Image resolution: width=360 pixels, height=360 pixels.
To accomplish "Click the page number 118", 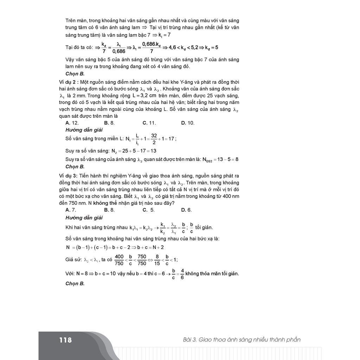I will [65, 340].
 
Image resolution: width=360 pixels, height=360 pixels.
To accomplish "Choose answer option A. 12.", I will [72, 123].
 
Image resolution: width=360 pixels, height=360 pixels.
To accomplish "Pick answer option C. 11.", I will [149, 123].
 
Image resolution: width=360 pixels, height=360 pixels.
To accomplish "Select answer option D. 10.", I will [188, 123].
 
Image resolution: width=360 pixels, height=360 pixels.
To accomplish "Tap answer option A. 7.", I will [71, 210].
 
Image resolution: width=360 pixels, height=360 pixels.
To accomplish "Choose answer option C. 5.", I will [148, 210].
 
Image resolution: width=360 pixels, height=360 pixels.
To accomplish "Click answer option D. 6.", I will [186, 210].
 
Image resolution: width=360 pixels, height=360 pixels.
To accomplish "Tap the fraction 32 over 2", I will [154, 139].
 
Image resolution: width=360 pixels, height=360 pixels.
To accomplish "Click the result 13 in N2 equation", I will [153, 151].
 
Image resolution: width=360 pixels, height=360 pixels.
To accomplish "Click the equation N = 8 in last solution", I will [84, 274].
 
